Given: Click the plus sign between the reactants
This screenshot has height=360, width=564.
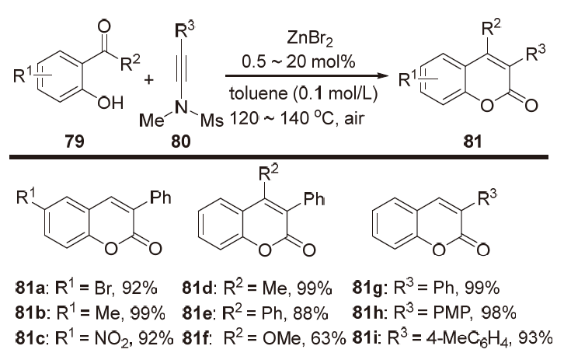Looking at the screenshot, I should (x=148, y=79).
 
